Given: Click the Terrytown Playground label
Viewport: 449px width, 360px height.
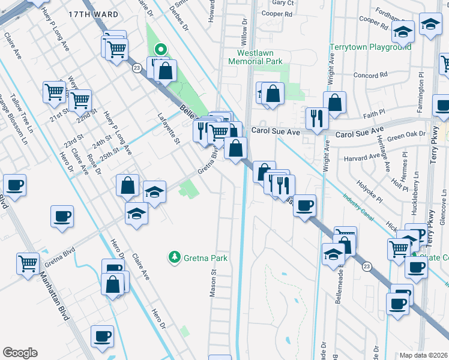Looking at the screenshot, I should pyautogui.click(x=370, y=47).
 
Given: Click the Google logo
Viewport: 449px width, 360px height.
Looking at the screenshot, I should pyautogui.click(x=20, y=353).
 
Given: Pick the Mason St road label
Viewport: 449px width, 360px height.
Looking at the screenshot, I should pyautogui.click(x=213, y=279).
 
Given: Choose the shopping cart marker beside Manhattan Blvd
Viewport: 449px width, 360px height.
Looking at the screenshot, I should pyautogui.click(x=28, y=263).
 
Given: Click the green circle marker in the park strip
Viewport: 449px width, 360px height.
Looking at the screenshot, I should pyautogui.click(x=160, y=50).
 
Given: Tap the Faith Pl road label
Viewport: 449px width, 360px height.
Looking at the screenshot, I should pyautogui.click(x=374, y=113).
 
